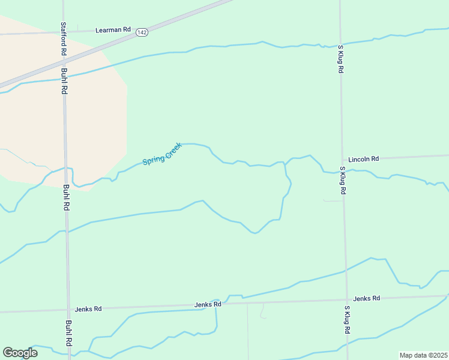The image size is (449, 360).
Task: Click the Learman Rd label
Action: (113, 29)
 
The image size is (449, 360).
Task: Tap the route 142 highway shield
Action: (142, 32)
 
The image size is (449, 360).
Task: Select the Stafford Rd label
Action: (64, 39)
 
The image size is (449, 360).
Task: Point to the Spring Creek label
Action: (162, 154)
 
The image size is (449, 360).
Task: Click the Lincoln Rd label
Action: (364, 159)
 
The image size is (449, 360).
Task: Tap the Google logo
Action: (20, 353)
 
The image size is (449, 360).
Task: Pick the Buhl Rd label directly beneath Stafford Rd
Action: (64, 81)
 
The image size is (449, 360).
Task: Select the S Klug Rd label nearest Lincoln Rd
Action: (343, 181)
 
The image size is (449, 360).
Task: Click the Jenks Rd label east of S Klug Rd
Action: (367, 298)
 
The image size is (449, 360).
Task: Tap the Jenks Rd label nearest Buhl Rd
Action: (88, 309)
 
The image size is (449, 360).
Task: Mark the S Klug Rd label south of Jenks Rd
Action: (347, 320)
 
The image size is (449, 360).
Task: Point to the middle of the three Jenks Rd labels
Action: (208, 304)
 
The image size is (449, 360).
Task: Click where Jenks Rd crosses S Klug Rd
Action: (346, 301)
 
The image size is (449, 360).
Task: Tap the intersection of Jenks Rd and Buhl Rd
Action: (68, 310)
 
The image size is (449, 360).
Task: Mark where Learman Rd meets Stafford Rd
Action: (63, 32)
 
